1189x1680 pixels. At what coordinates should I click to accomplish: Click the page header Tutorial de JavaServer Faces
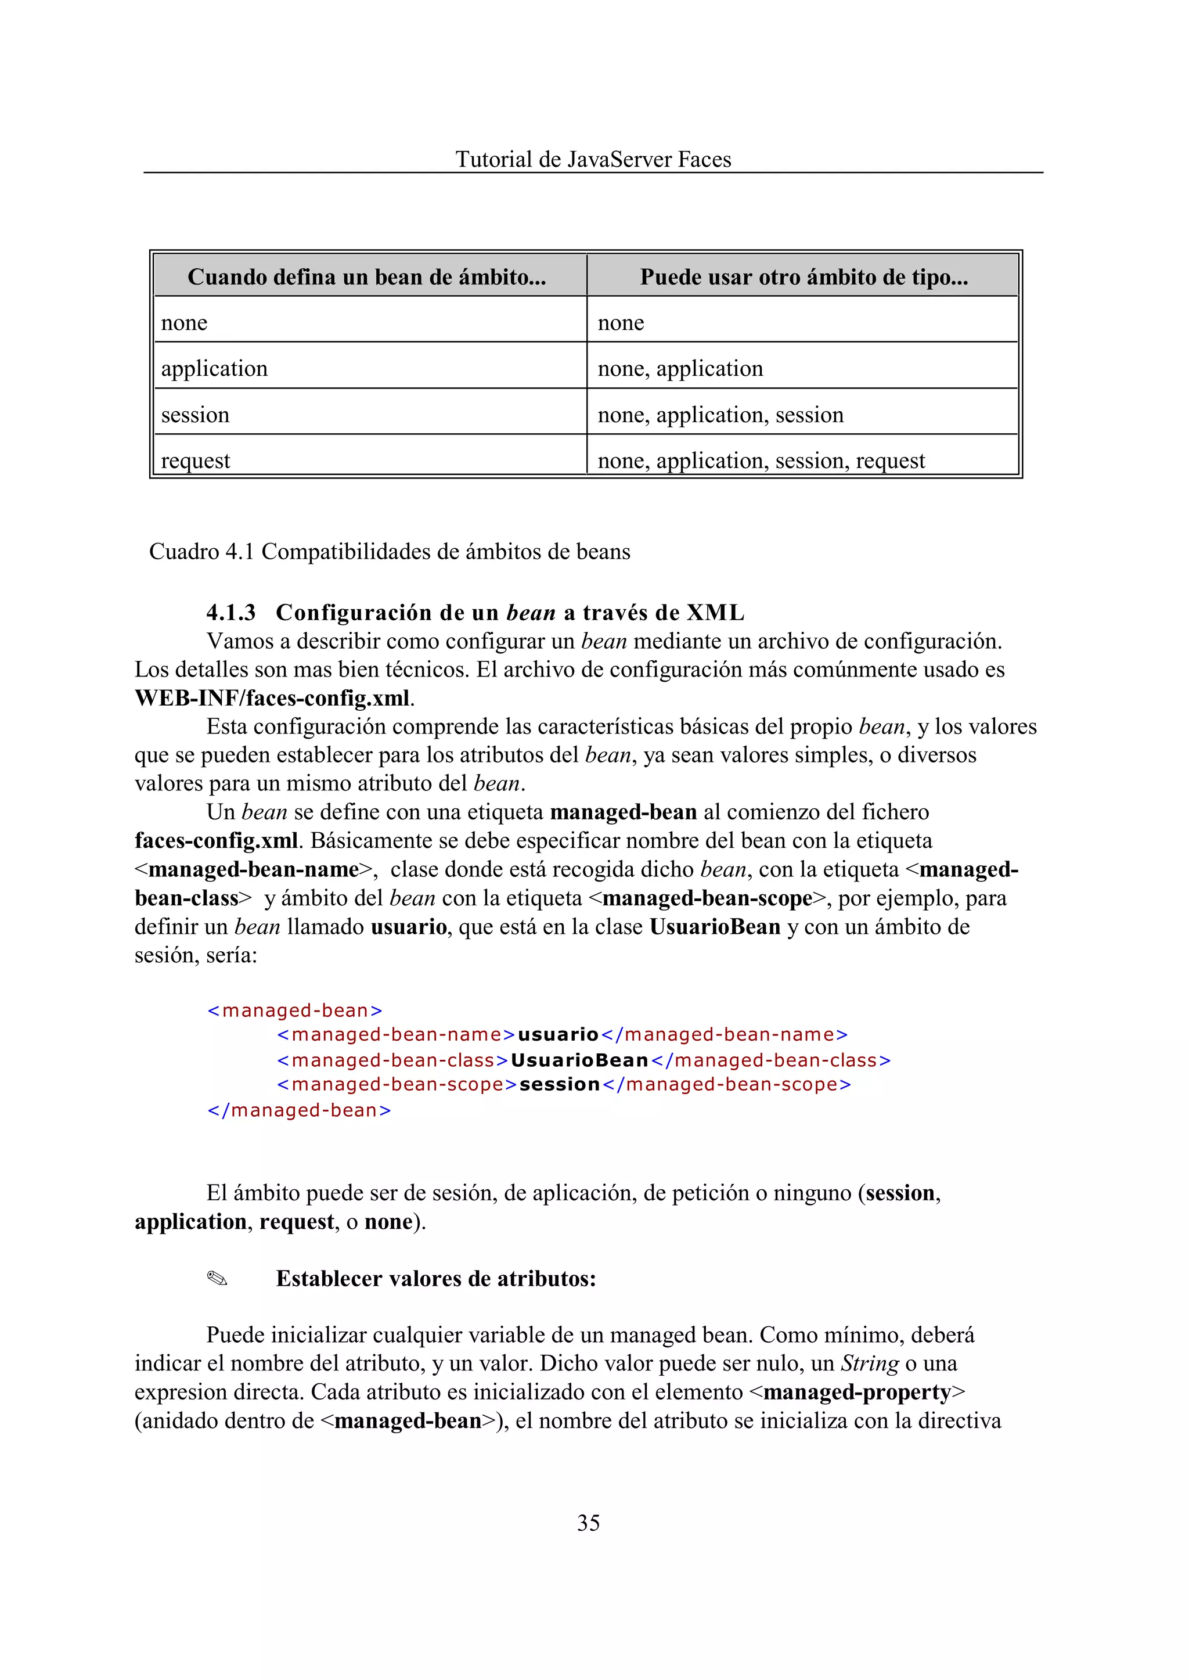point(593,159)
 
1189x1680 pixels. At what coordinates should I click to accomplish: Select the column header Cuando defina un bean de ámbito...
point(367,277)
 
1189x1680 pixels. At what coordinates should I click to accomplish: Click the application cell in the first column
point(214,368)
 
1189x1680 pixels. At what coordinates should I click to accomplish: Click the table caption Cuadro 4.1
point(389,552)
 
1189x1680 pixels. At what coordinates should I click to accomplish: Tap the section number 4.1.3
point(232,612)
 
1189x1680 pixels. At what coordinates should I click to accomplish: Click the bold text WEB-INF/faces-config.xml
point(272,698)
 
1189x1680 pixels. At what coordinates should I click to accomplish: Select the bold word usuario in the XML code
point(558,1034)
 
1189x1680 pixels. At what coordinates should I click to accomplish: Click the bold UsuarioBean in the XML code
point(579,1060)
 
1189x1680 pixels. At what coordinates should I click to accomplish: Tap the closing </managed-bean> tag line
point(299,1110)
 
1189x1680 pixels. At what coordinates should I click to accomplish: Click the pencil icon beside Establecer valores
point(218,1279)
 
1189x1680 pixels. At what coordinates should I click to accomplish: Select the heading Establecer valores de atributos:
point(435,1279)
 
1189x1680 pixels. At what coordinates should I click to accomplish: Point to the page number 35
point(588,1523)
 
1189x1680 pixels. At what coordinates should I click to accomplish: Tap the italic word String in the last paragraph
point(869,1363)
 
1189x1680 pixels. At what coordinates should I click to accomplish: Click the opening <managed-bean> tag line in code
point(294,1010)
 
